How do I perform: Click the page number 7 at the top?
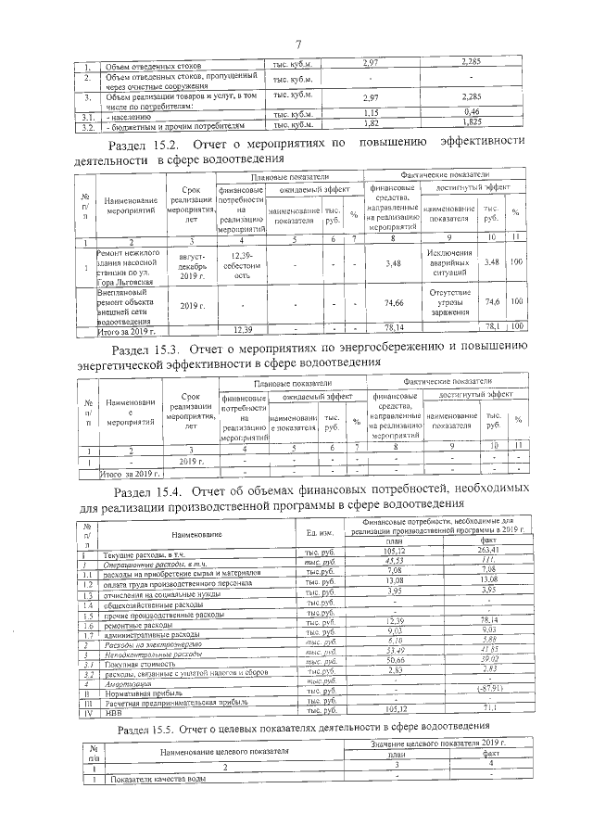pos(299,44)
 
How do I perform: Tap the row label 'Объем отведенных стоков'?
pos(141,63)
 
